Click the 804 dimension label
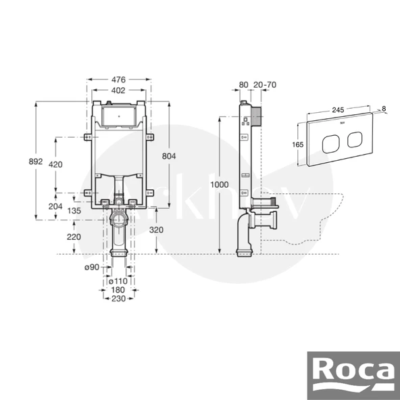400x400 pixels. tap(169, 156)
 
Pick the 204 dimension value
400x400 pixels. tap(55, 206)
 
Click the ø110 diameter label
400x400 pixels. tap(119, 280)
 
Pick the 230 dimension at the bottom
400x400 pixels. tap(118, 298)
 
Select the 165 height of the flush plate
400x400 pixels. tap(295, 144)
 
